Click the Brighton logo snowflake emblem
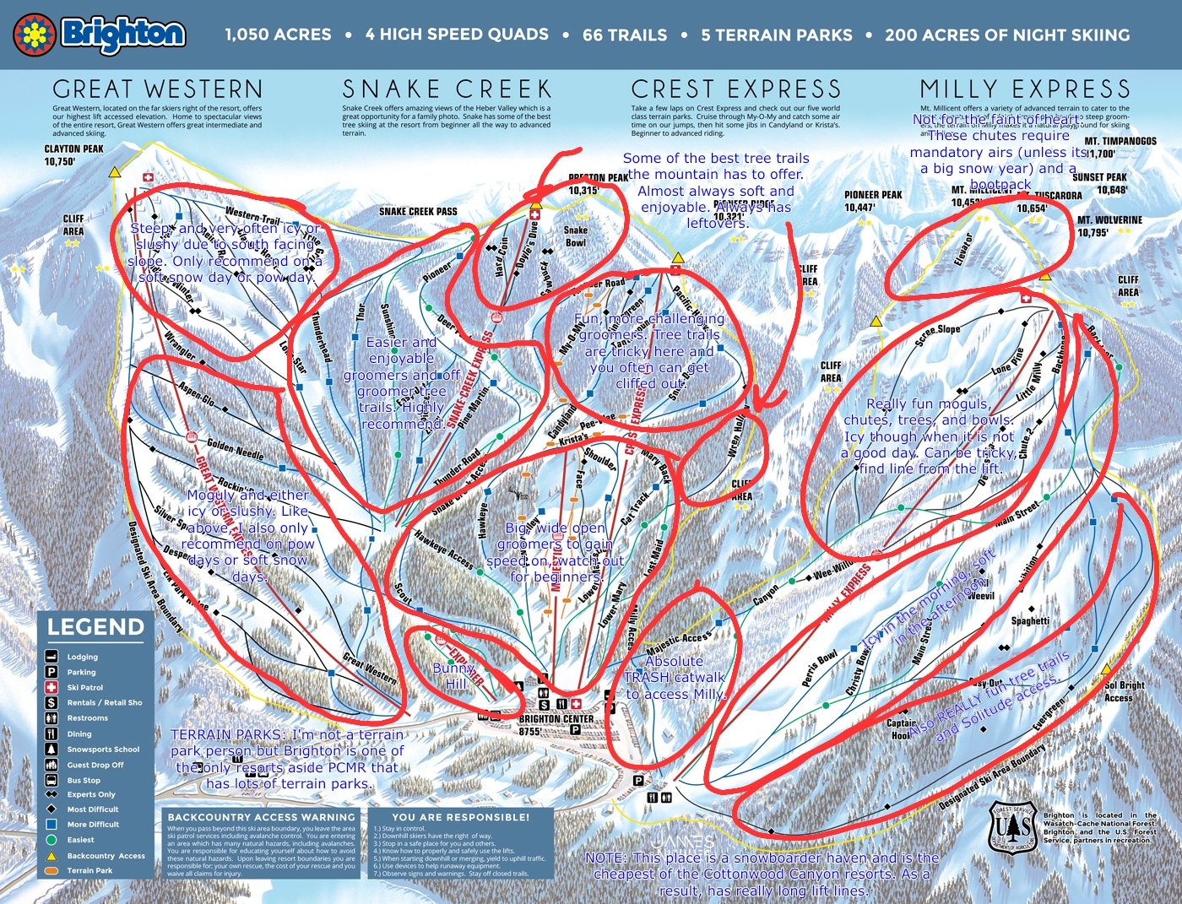click(35, 35)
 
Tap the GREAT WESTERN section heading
click(158, 89)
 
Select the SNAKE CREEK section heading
click(447, 89)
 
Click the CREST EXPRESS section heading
click(736, 89)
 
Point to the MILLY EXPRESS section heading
click(1025, 89)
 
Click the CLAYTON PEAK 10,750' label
click(74, 155)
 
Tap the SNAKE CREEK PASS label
click(418, 211)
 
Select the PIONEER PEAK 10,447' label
click(873, 201)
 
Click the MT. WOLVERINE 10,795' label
click(1109, 226)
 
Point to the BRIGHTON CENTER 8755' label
click(556, 725)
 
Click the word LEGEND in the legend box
click(95, 627)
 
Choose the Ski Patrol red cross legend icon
click(52, 687)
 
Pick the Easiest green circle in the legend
click(52, 840)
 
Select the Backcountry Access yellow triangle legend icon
click(52, 855)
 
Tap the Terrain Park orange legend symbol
click(52, 870)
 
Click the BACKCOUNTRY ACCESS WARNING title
click(262, 817)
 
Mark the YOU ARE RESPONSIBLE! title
click(461, 817)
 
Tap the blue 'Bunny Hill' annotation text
click(455, 675)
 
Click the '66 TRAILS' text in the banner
click(625, 35)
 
